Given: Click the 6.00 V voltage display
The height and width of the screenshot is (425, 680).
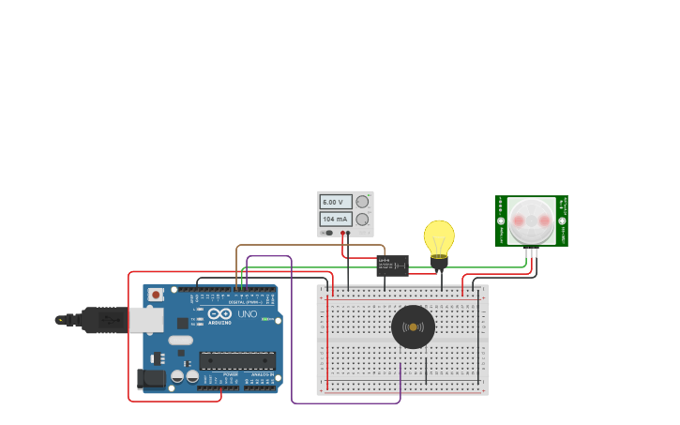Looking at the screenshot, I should [x=336, y=202].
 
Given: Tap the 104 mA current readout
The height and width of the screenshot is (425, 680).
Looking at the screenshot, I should [x=336, y=219].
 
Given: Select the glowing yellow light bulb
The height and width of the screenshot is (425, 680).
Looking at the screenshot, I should [x=438, y=236].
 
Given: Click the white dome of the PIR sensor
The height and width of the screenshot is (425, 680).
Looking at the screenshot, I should [x=532, y=220].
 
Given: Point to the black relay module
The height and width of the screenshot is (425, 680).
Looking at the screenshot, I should [x=392, y=266].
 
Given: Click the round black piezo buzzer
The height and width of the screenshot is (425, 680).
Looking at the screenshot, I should [x=413, y=326].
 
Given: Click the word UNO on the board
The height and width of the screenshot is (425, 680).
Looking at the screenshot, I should [x=248, y=314].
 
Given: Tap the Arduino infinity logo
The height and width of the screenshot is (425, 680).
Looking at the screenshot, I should [x=219, y=314].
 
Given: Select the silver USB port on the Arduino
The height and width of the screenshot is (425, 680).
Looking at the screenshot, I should [x=144, y=320].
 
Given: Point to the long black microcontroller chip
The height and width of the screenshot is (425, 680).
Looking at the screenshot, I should [x=236, y=361].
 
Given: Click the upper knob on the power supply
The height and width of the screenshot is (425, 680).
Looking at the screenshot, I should [x=362, y=202].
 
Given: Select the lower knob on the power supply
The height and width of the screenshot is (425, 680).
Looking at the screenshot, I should [x=362, y=219].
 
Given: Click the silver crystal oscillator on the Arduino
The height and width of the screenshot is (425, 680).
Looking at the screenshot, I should [x=181, y=341].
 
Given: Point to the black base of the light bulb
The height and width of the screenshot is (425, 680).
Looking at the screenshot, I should [x=438, y=262].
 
